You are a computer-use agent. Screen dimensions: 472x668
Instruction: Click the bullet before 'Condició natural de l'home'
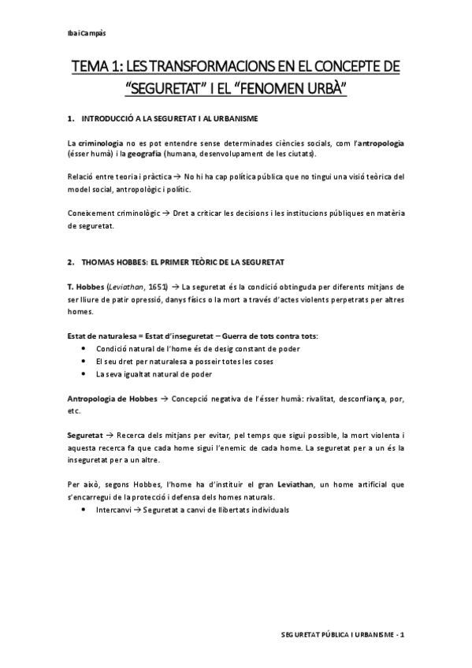click(x=84, y=347)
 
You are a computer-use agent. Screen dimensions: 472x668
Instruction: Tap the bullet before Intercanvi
click(x=84, y=510)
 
